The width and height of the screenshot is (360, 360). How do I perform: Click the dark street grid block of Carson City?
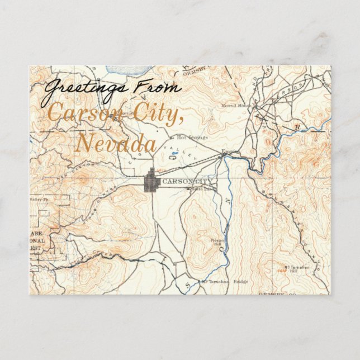click(x=151, y=182)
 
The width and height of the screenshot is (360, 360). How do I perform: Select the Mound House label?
click(x=234, y=105)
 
